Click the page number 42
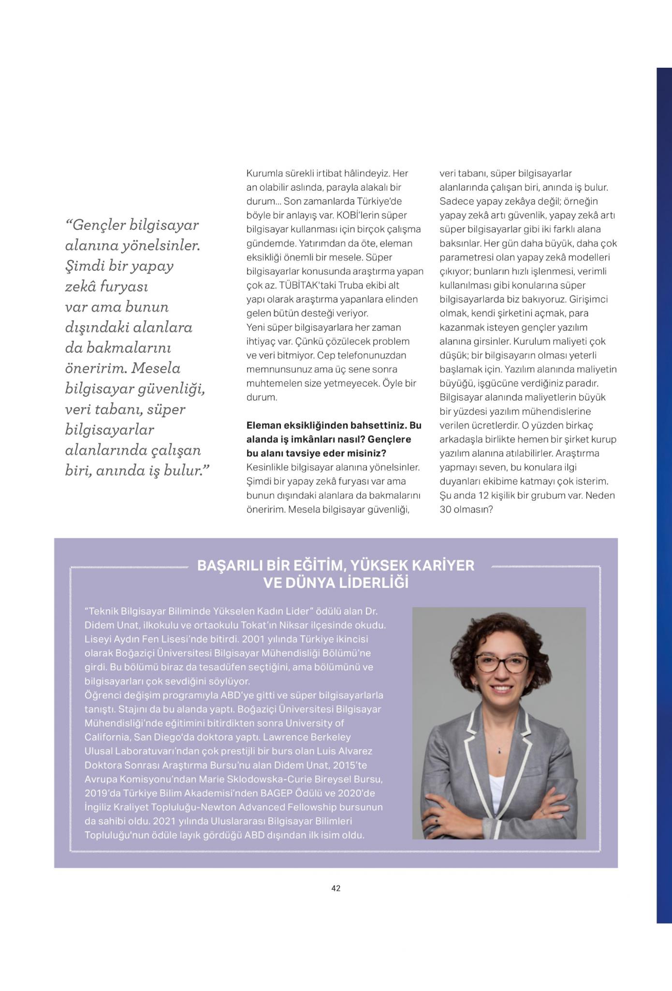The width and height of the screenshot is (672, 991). (x=336, y=888)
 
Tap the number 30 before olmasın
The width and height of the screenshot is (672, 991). (x=445, y=510)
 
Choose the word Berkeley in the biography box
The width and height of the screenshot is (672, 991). (x=325, y=737)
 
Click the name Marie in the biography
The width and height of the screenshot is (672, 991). (x=212, y=779)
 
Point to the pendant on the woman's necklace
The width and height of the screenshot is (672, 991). (x=499, y=751)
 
